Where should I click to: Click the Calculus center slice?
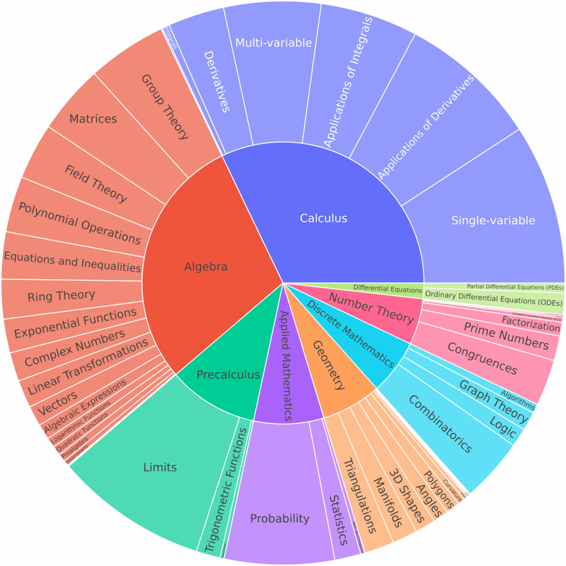click(323, 218)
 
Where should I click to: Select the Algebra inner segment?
click(206, 267)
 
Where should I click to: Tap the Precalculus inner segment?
click(228, 374)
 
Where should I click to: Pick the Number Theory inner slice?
click(372, 308)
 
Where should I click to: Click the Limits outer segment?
click(160, 467)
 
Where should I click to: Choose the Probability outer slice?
click(280, 518)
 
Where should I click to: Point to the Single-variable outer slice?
click(493, 220)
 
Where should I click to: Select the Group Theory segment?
click(164, 106)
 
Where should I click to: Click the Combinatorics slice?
click(440, 424)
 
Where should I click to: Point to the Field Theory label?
click(95, 183)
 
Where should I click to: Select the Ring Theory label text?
click(61, 296)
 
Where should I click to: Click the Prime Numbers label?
click(506, 335)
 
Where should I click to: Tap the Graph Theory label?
click(493, 401)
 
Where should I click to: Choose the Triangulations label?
click(360, 495)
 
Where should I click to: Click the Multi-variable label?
click(274, 43)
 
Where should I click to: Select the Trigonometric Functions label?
click(226, 491)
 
